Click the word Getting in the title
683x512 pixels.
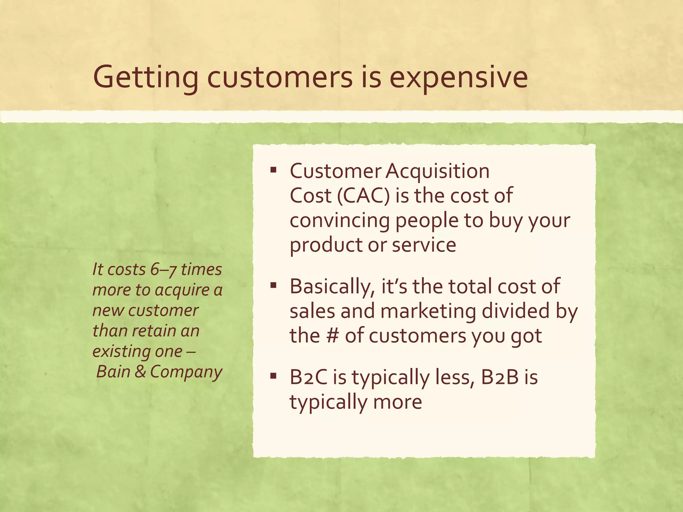point(146,78)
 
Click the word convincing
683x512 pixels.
point(339,220)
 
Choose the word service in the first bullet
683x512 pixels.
point(424,245)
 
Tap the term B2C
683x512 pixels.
point(308,378)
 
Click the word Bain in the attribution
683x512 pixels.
point(113,372)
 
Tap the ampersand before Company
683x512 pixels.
point(140,372)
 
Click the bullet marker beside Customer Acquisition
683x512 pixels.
point(273,170)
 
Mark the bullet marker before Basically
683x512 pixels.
point(273,285)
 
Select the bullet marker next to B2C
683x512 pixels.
point(273,377)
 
